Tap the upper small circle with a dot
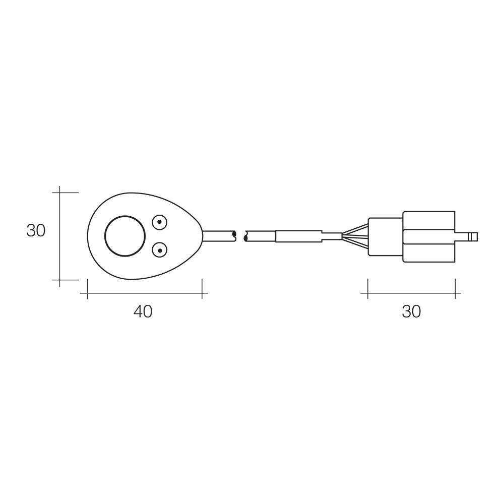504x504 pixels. (x=160, y=221)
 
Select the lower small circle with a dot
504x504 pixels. (x=160, y=249)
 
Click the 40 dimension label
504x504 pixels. (x=143, y=311)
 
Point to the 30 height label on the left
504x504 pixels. (x=36, y=230)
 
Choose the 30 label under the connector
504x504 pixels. (x=411, y=311)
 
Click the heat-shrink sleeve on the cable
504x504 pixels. (x=298, y=236)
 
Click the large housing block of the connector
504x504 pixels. (x=428, y=236)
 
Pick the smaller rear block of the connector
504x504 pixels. (x=386, y=236)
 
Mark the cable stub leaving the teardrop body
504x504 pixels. (x=218, y=236)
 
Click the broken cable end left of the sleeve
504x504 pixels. (x=259, y=236)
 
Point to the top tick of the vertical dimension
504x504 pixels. (x=60, y=193)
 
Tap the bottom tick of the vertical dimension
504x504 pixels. (x=60, y=280)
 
